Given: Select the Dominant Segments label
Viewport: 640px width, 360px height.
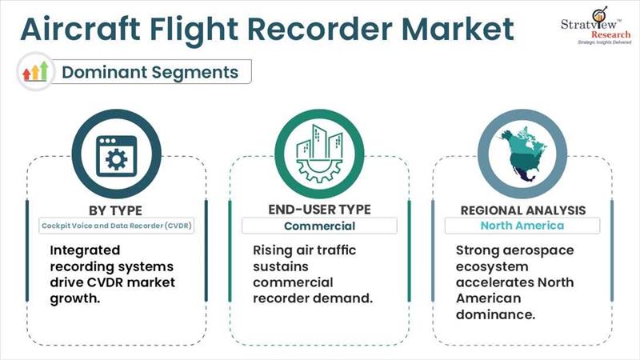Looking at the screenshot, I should pyautogui.click(x=150, y=72).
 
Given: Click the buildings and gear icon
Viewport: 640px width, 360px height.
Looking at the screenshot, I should pyautogui.click(x=318, y=155).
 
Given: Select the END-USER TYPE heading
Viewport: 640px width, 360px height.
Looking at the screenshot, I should pyautogui.click(x=319, y=210).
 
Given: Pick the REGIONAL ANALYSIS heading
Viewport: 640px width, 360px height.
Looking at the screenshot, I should pyautogui.click(x=522, y=210).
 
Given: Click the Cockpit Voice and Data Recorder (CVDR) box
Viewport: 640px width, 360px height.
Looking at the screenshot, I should pyautogui.click(x=118, y=226).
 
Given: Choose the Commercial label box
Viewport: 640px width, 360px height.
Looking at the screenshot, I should pyautogui.click(x=319, y=226).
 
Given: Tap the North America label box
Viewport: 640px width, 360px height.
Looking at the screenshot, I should pyautogui.click(x=522, y=226).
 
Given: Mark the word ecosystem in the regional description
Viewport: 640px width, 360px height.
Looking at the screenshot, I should pyautogui.click(x=491, y=266).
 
